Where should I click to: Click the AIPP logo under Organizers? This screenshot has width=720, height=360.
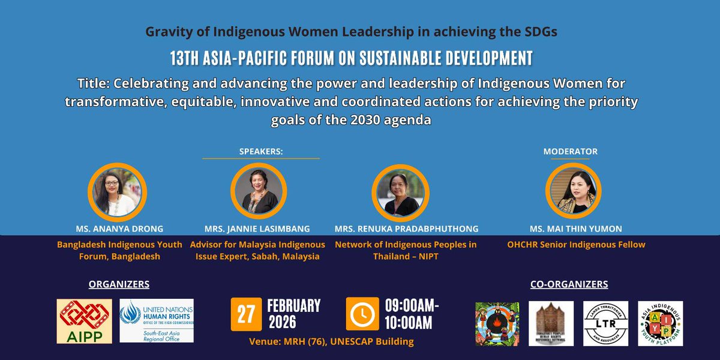(x=83, y=322)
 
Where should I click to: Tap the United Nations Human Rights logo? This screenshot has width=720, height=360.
(x=157, y=321)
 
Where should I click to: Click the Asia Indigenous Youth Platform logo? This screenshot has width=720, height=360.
(x=660, y=323)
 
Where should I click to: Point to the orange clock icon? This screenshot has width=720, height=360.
(x=362, y=314)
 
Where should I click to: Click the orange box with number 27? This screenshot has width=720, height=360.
(x=247, y=314)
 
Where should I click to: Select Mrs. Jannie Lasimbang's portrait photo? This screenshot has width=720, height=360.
(x=256, y=191)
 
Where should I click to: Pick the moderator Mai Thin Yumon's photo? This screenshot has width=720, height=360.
(x=570, y=191)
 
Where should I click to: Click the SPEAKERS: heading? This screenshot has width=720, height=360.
(x=260, y=152)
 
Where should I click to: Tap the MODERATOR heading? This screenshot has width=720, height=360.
(x=570, y=152)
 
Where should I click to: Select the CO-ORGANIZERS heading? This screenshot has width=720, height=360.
(x=569, y=284)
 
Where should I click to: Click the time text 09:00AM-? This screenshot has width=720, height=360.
(x=412, y=305)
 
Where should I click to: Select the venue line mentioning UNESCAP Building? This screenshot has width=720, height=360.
(x=331, y=342)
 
